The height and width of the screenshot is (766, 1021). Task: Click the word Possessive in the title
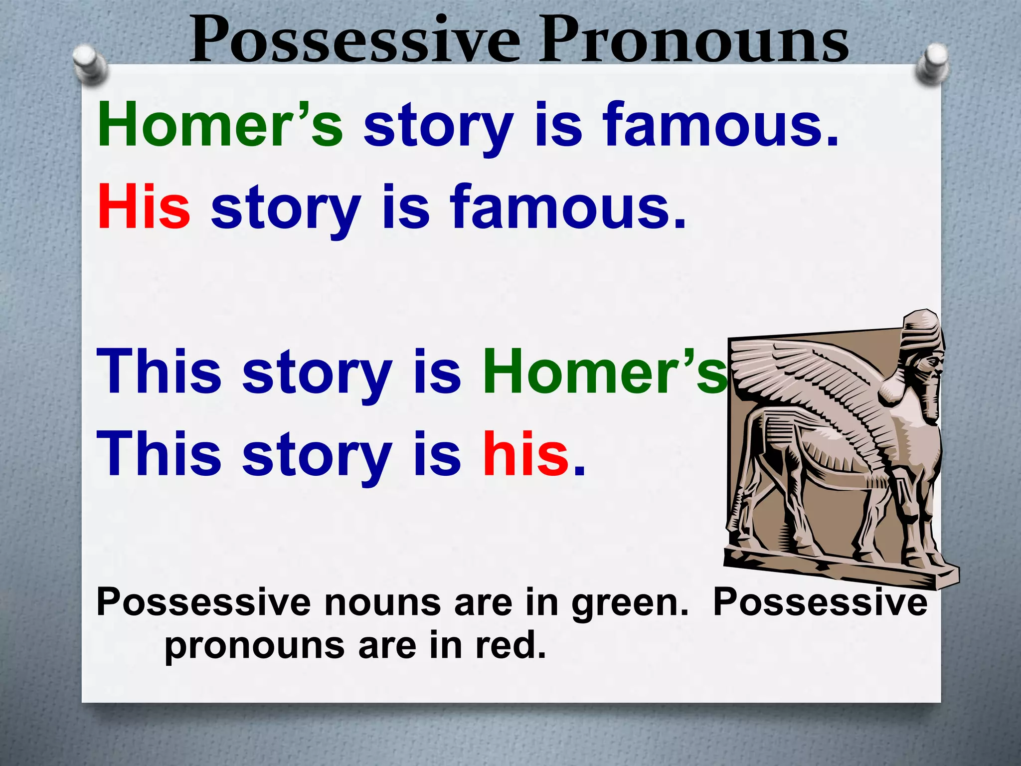click(x=354, y=40)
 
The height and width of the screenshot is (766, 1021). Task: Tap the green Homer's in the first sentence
click(x=220, y=125)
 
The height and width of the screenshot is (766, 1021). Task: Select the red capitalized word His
click(x=144, y=207)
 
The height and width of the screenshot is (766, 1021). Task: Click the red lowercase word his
click(x=526, y=454)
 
